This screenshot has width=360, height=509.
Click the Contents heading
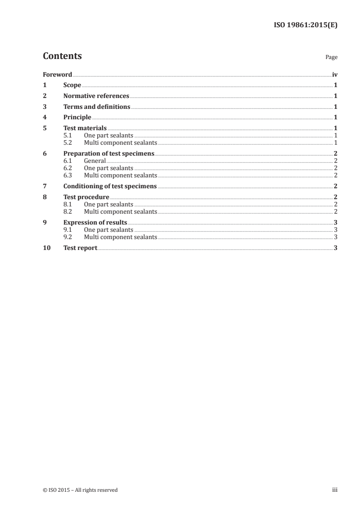point(62,56)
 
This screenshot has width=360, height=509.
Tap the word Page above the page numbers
point(331,58)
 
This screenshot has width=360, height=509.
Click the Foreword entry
point(57,74)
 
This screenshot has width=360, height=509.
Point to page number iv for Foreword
point(335,74)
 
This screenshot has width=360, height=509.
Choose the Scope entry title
point(72,85)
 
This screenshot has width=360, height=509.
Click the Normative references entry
point(96,96)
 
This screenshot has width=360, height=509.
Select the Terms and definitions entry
point(97,107)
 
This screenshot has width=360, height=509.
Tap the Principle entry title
point(77,118)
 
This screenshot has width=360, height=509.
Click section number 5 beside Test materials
point(44,128)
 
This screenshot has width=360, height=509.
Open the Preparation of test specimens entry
point(109,154)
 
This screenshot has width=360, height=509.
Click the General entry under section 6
point(95,161)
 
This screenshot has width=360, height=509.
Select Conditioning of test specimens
point(110,186)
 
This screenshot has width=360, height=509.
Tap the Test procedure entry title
point(86,197)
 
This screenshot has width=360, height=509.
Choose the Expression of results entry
point(95,223)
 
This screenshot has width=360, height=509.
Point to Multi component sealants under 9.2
point(120,237)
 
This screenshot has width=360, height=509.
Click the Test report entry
point(80,248)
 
